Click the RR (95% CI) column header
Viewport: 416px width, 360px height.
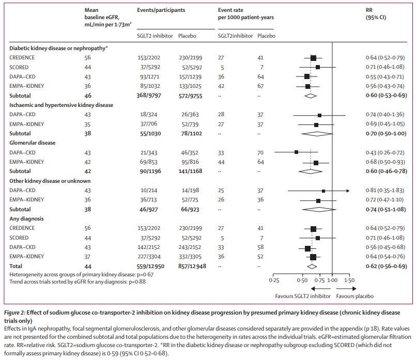(x=375, y=14)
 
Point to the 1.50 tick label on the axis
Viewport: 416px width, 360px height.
(x=349, y=279)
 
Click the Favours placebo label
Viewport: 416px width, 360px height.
(x=355, y=296)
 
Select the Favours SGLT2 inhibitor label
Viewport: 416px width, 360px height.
(x=299, y=296)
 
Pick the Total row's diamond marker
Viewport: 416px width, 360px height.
(x=312, y=266)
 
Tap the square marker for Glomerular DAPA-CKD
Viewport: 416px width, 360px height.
(x=296, y=152)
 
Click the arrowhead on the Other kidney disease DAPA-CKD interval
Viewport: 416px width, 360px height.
(x=348, y=191)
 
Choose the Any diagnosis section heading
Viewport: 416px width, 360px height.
(x=28, y=218)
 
